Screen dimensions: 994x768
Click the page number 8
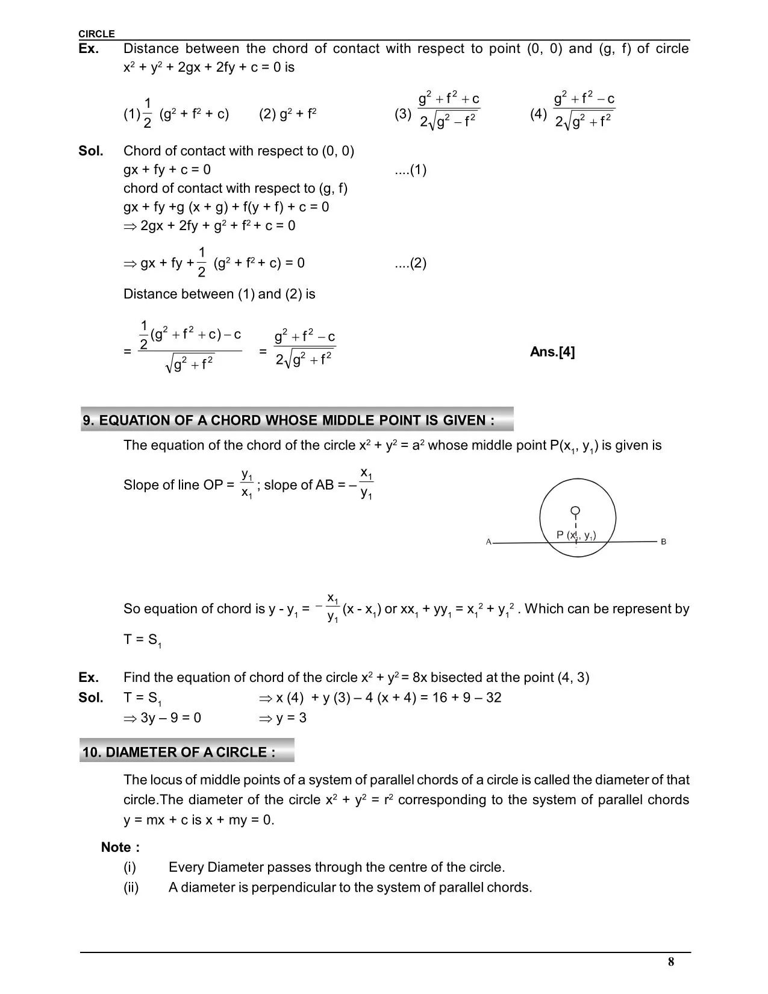tap(671, 961)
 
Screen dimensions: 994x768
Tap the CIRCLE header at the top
tap(96, 34)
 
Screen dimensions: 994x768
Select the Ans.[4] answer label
tap(552, 352)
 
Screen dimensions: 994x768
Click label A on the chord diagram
tap(489, 542)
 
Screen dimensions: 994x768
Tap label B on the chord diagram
tap(663, 542)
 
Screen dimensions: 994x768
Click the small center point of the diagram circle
tap(576, 511)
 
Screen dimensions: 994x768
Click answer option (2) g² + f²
tap(288, 114)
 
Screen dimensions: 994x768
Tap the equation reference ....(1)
tap(410, 170)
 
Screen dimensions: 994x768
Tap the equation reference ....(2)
tap(410, 263)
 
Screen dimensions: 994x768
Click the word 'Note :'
tap(120, 847)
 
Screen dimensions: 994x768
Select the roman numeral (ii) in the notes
tap(131, 887)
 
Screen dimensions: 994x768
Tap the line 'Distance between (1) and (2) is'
tap(219, 294)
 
